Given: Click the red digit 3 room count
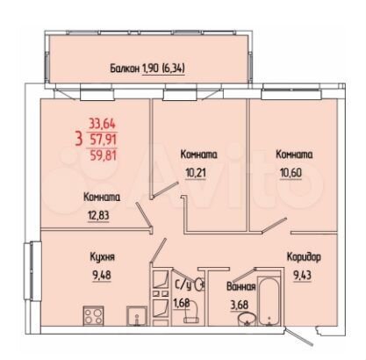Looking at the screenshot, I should pyautogui.click(x=79, y=139).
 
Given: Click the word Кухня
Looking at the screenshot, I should pyautogui.click(x=102, y=257).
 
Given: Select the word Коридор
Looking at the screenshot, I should pyautogui.click(x=303, y=257).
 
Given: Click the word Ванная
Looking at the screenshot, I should pyautogui.click(x=242, y=288).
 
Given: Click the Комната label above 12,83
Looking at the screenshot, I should pyautogui.click(x=102, y=197).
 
